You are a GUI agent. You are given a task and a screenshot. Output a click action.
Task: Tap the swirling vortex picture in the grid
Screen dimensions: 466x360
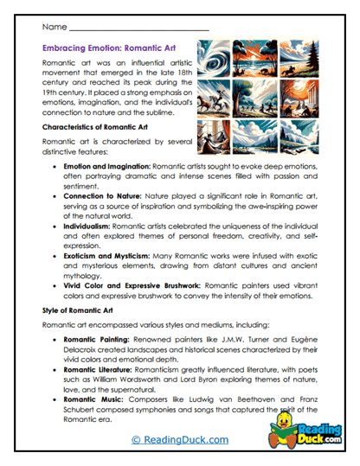pyautogui.click(x=213, y=58)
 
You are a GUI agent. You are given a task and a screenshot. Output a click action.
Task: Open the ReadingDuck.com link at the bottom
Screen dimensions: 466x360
pyautogui.click(x=179, y=440)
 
